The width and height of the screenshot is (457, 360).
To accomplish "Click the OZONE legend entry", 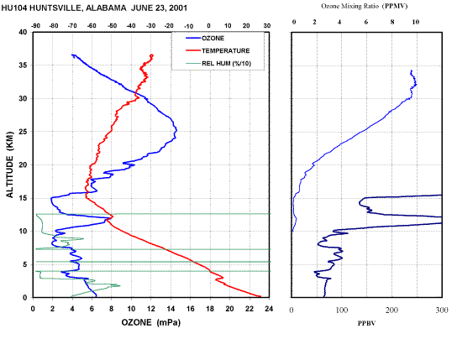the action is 205,39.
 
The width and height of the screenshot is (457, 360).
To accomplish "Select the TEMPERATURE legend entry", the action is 218,51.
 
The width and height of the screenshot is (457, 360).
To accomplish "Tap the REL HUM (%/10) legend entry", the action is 218,64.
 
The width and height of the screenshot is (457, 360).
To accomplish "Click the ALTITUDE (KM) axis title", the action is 10,164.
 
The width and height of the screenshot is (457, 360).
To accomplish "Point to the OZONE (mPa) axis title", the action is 151,322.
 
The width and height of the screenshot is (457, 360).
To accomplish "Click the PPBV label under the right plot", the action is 366,323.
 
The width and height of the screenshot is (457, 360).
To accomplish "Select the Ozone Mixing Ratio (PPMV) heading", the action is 365,6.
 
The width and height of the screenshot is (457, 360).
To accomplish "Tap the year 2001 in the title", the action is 178,8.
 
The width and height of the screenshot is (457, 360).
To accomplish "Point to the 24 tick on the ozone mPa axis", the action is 269,309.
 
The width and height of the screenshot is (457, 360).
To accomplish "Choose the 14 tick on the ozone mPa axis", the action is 171,309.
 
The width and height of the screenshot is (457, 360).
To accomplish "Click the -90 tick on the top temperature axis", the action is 35,26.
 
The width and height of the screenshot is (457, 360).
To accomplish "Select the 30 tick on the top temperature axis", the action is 267,26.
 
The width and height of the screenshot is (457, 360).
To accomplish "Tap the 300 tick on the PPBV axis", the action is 442,310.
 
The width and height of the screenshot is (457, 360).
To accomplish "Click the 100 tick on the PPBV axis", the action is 342,310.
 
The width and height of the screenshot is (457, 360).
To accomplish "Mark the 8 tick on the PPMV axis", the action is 392,22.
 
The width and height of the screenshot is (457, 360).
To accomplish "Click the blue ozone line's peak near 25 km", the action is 176,131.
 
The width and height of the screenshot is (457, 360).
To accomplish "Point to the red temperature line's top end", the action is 152,55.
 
